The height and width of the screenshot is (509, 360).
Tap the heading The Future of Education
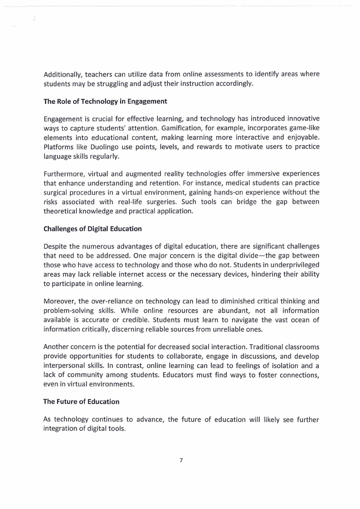point(81,401)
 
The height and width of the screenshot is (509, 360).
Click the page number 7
point(181,460)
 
